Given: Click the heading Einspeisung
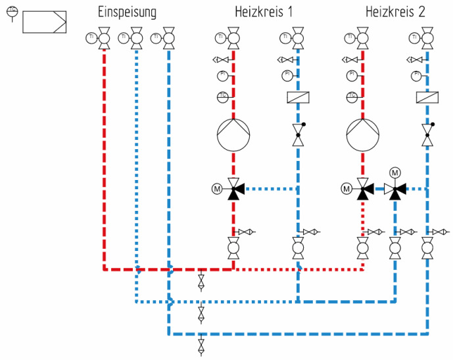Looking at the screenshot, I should tap(127, 12).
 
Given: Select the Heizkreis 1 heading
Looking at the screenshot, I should tap(264, 12).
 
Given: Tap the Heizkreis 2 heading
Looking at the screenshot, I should tap(395, 12).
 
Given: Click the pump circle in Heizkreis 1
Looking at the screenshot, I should tap(234, 134).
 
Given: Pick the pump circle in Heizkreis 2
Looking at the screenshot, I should tap(363, 134).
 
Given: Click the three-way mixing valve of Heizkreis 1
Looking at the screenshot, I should tap(233, 189).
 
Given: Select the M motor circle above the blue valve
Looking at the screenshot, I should tap(395, 172).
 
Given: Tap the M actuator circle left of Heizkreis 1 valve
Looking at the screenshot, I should tap(217, 189).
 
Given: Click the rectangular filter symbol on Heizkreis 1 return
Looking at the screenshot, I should tap(298, 99).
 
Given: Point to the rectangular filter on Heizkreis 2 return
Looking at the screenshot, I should tap(427, 99).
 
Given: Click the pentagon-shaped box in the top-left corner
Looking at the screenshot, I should tap(45, 22).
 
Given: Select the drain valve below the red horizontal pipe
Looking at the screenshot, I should tap(201, 282).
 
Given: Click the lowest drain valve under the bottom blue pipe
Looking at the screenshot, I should tap(201, 344).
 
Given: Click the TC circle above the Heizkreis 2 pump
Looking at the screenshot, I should tap(352, 97).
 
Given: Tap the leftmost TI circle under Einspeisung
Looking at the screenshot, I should tap(90, 38).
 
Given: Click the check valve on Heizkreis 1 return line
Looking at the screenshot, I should tap(298, 135).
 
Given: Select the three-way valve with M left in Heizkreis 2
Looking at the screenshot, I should tap(362, 189).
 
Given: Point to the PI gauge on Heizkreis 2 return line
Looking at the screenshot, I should tap(416, 77).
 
